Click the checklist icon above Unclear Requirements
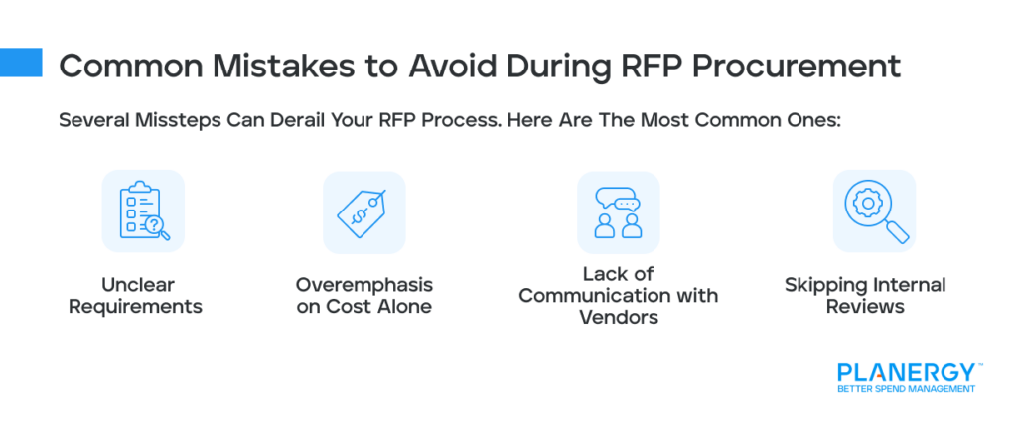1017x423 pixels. click(143, 211)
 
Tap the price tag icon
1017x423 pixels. click(364, 211)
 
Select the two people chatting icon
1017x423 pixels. click(618, 211)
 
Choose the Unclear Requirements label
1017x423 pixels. click(143, 296)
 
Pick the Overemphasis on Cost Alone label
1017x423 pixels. click(364, 296)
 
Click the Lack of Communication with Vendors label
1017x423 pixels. click(618, 296)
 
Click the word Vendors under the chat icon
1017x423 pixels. click(618, 318)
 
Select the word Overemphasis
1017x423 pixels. click(364, 285)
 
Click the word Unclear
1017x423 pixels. click(143, 285)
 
